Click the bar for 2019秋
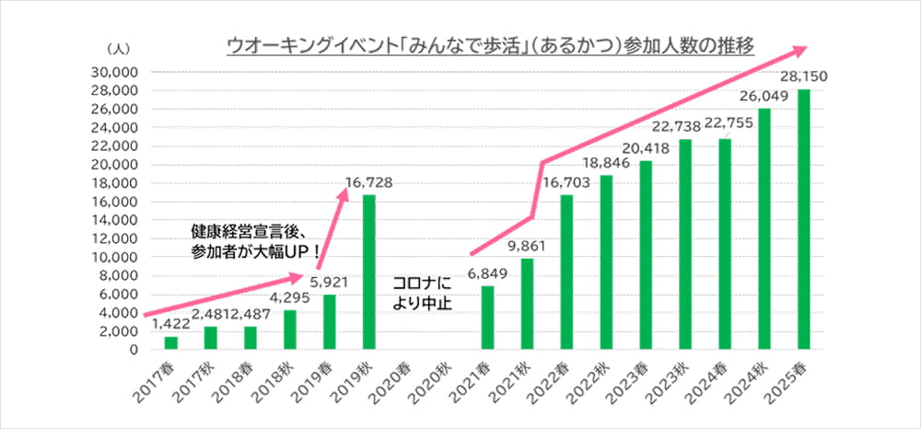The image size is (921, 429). (368, 272)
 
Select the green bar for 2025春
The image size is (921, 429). (803, 219)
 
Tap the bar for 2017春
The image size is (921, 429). (170, 342)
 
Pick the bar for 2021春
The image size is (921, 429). (487, 318)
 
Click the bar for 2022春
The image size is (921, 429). (566, 272)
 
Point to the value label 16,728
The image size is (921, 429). (368, 183)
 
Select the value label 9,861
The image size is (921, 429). (527, 247)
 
